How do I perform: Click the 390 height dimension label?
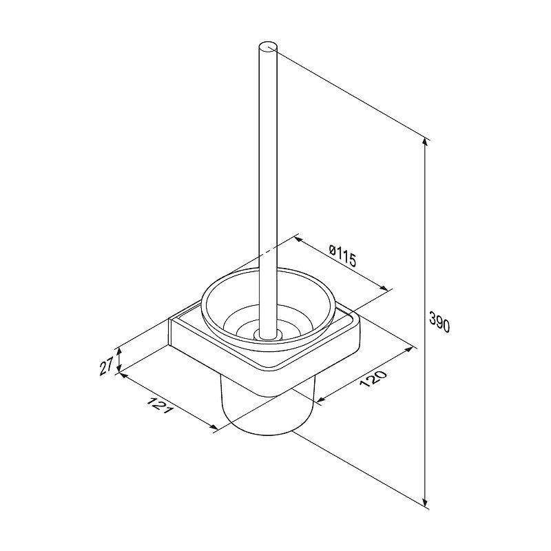(x=439, y=322)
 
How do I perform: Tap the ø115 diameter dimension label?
(x=342, y=256)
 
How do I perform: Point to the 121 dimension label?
(x=160, y=405)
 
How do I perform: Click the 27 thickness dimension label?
(x=106, y=366)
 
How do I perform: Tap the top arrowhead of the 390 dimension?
(x=426, y=142)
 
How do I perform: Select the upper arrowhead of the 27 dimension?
(x=119, y=351)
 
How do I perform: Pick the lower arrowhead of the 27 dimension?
(x=119, y=368)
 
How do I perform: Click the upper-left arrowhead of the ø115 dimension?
(x=298, y=240)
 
